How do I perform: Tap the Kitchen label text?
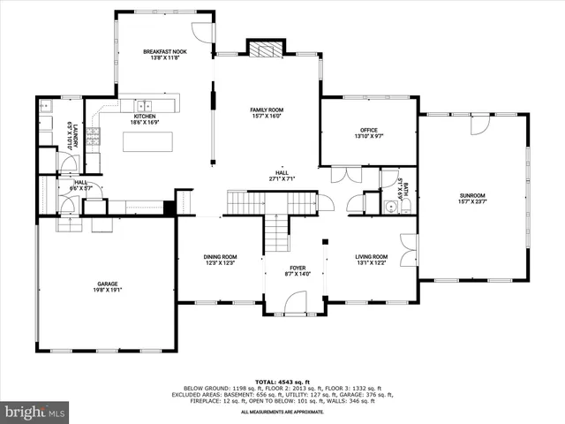tap(146, 117)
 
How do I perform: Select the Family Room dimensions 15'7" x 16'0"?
tap(265, 116)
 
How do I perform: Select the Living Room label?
tap(371, 257)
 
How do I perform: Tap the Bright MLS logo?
tap(35, 412)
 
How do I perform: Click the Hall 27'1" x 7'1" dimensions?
tap(282, 178)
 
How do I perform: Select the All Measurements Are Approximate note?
tap(282, 412)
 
